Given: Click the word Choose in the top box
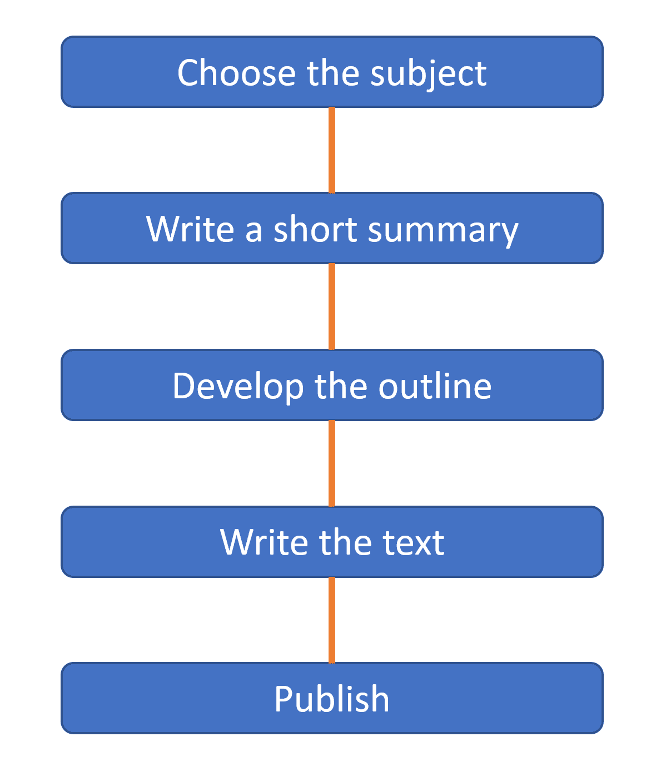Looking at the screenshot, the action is pos(236,73).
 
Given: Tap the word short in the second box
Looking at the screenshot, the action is pos(315,229).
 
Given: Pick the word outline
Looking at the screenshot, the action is pos(435,386).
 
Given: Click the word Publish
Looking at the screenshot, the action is pos(331,699).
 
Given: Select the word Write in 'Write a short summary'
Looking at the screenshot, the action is pos(190,229).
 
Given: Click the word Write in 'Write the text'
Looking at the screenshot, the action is pos(264,542).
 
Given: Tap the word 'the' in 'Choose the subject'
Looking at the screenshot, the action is pos(332,72).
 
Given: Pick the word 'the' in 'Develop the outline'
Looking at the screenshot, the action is pos(341,386).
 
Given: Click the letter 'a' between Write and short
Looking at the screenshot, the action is pos(254,233).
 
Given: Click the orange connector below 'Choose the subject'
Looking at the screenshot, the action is pos(331,150).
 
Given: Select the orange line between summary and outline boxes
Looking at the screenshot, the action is pos(331,307).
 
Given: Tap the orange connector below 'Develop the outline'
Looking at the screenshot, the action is pos(331,463).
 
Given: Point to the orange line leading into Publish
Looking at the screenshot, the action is pos(331,620).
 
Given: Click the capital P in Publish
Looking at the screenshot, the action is pos(284,699).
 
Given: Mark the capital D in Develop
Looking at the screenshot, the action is pos(185,386).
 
